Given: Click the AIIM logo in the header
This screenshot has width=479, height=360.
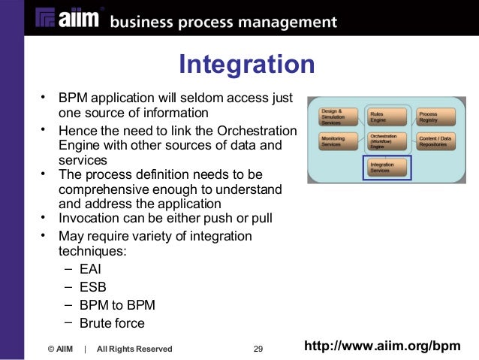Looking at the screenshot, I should [67, 20].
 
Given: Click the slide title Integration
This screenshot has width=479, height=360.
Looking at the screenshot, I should [246, 64].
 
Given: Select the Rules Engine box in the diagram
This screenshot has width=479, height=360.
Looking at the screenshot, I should [386, 116].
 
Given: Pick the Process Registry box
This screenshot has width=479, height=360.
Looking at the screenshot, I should [435, 116].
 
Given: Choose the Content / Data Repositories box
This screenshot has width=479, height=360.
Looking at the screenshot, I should [435, 141].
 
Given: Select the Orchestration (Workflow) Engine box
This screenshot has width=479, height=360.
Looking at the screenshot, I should [386, 141].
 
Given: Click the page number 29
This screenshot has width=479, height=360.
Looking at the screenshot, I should [258, 349].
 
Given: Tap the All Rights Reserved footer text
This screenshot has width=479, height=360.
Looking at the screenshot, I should [134, 349].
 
